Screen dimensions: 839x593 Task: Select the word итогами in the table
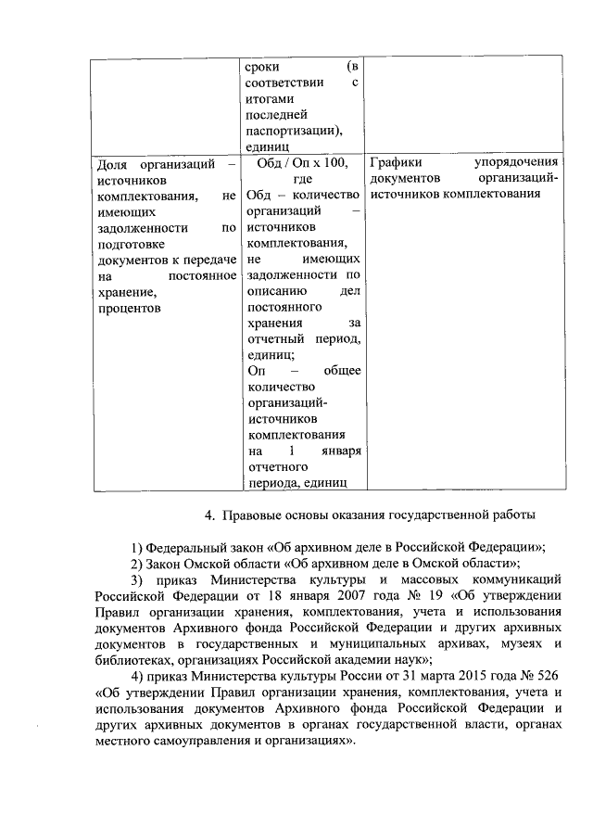click(269, 97)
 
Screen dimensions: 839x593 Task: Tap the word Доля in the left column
click(113, 163)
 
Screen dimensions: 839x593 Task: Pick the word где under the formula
click(302, 179)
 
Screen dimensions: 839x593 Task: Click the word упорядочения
click(514, 163)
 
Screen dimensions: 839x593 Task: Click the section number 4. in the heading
click(208, 515)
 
